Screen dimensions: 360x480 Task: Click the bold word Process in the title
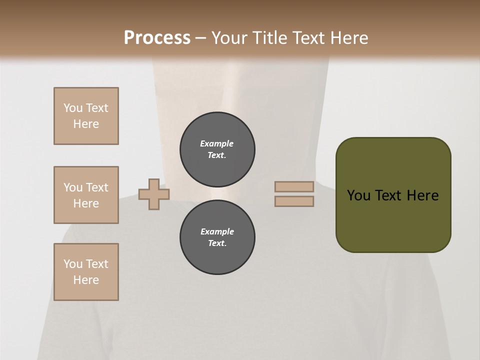pyautogui.click(x=157, y=38)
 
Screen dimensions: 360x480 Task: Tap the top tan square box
pyautogui.click(x=86, y=116)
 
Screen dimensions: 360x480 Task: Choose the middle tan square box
pyautogui.click(x=86, y=195)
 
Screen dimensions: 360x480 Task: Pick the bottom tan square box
pyautogui.click(x=86, y=272)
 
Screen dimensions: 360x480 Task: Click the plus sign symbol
pyautogui.click(x=154, y=194)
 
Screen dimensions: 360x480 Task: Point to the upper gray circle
pyautogui.click(x=217, y=149)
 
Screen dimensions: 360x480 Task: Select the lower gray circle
pyautogui.click(x=217, y=237)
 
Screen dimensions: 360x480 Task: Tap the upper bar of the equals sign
pyautogui.click(x=294, y=186)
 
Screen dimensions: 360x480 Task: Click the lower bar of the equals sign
pyautogui.click(x=294, y=201)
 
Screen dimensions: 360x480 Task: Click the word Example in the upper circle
pyautogui.click(x=217, y=143)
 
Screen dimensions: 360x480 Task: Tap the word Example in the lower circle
pyautogui.click(x=217, y=231)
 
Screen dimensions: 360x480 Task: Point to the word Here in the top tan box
pyautogui.click(x=86, y=124)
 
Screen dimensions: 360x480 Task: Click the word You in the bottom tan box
pyautogui.click(x=73, y=264)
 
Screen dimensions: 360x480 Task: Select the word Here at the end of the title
pyautogui.click(x=349, y=38)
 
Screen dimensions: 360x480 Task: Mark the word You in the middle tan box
pyautogui.click(x=73, y=187)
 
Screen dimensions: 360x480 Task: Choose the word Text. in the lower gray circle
pyautogui.click(x=217, y=243)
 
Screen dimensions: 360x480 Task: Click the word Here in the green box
pyautogui.click(x=422, y=195)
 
